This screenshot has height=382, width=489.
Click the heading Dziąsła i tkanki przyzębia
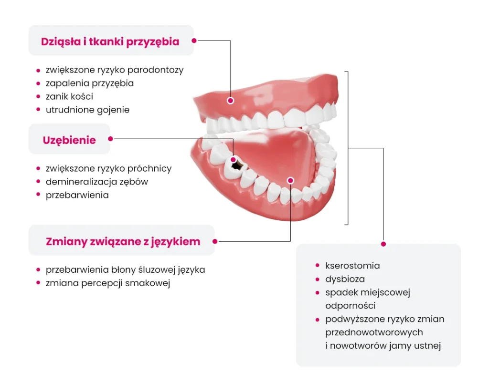(x=110, y=41)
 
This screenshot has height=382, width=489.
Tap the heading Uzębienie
(x=69, y=140)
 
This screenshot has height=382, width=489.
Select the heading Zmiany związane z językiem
(x=123, y=241)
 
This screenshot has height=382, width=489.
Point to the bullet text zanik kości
(x=69, y=96)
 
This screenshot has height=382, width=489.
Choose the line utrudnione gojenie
(x=87, y=110)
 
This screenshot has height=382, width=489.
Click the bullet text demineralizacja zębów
(x=97, y=182)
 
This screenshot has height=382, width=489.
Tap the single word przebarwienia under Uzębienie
(x=77, y=195)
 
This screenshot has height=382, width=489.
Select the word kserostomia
(x=352, y=266)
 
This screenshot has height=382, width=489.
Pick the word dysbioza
(x=345, y=279)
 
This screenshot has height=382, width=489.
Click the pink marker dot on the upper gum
(x=230, y=101)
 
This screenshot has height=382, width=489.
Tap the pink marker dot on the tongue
(x=290, y=180)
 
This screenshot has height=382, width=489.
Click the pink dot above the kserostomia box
(x=383, y=244)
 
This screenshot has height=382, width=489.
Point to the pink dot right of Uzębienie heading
(x=110, y=139)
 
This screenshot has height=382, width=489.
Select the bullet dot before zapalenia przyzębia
(x=38, y=83)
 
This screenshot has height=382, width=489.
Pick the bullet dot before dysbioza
(x=317, y=279)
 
